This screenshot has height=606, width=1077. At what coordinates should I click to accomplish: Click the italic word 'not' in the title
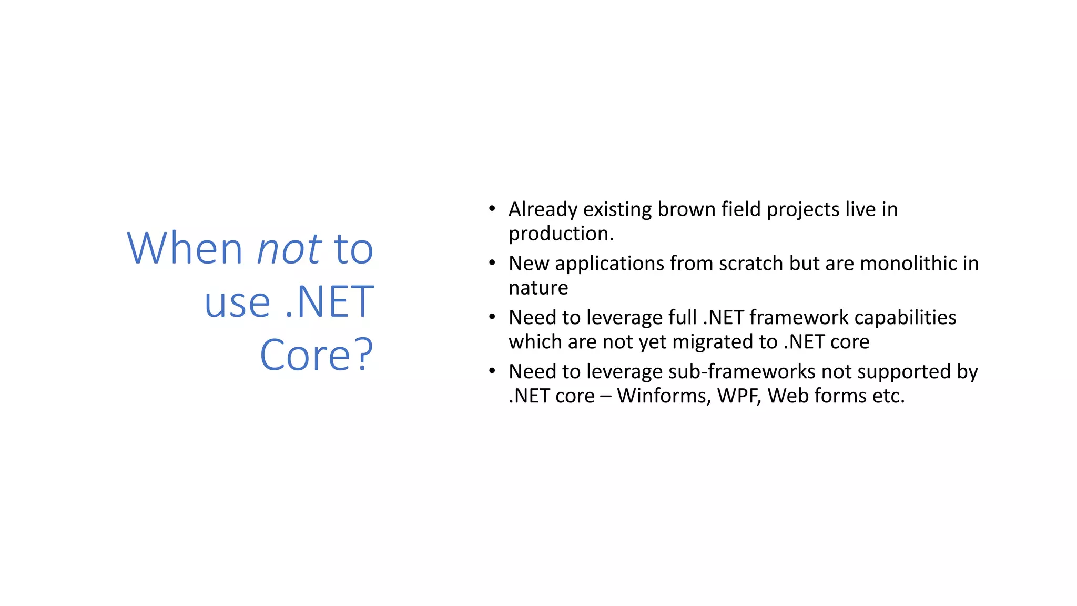289,249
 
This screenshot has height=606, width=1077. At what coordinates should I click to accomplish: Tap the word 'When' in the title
185,248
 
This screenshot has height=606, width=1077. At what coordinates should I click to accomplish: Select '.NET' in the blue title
329,302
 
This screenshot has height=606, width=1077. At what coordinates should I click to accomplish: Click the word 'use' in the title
237,303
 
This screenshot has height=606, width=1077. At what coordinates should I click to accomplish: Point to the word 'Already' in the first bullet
543,210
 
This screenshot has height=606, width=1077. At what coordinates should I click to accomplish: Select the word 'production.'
561,234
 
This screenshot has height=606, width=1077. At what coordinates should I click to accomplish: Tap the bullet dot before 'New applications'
492,262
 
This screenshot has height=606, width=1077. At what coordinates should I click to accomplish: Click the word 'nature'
538,288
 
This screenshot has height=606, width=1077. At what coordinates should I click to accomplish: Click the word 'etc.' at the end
888,396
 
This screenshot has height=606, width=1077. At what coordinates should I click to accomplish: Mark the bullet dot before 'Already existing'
492,209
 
